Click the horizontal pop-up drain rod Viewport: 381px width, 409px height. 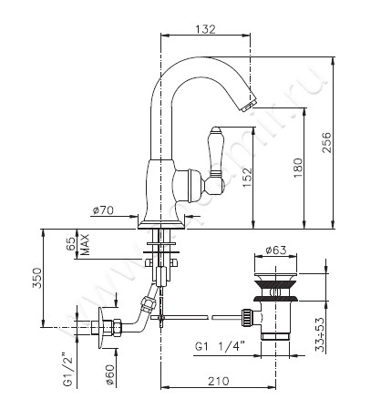(x=196, y=318)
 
